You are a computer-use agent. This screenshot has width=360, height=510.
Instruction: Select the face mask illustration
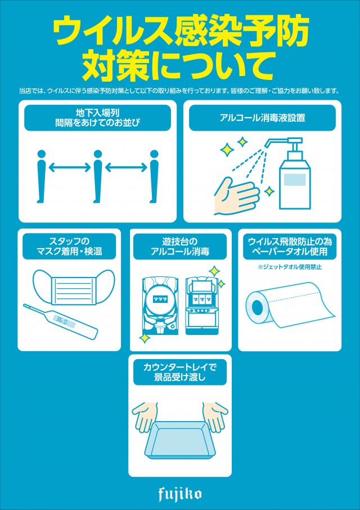tap(74, 287)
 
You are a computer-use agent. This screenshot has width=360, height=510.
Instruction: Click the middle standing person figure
tap(97, 176)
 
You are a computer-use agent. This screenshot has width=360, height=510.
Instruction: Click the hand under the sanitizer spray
tap(237, 196)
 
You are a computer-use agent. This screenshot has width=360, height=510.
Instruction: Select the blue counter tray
tap(179, 436)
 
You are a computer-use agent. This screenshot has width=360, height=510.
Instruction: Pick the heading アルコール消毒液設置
tap(262, 118)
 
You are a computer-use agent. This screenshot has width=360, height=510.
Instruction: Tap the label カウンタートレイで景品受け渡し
tap(179, 373)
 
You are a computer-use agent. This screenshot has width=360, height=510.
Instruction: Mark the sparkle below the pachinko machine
tap(143, 338)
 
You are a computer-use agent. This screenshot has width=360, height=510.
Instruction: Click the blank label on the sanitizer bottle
tap(295, 180)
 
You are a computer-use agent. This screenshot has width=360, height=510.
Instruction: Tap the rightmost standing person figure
tap(154, 176)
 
